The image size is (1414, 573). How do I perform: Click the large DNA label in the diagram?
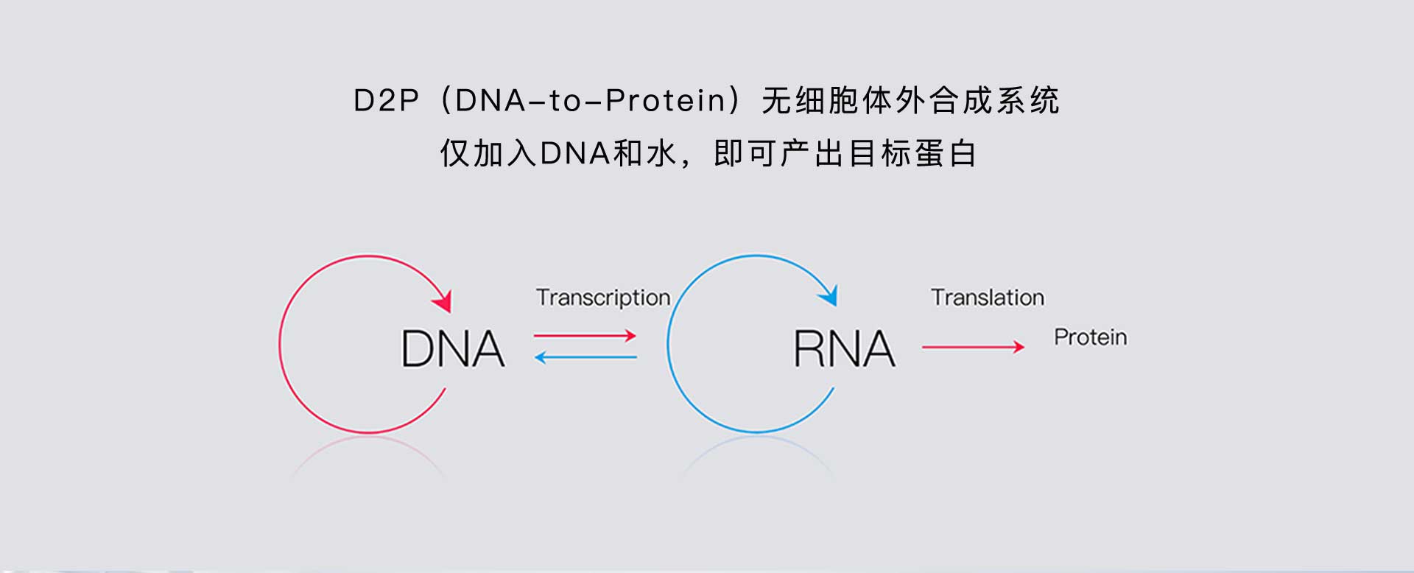pos(453,348)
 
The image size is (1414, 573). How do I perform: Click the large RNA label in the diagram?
pos(845,348)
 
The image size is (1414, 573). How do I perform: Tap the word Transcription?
pos(603,298)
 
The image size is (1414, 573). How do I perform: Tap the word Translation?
pos(988,298)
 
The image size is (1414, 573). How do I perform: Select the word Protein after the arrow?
pos(1091,337)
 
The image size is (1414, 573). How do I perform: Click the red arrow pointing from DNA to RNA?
pos(585,336)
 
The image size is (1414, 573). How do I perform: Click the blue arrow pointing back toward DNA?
pos(585,358)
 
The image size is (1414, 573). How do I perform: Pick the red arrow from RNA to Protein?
pos(974,347)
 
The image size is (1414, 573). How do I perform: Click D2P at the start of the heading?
pos(386,101)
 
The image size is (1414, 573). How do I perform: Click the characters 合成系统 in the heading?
pos(994,101)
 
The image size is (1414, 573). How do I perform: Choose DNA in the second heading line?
pos(575,154)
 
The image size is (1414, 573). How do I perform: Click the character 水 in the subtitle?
pos(660,154)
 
